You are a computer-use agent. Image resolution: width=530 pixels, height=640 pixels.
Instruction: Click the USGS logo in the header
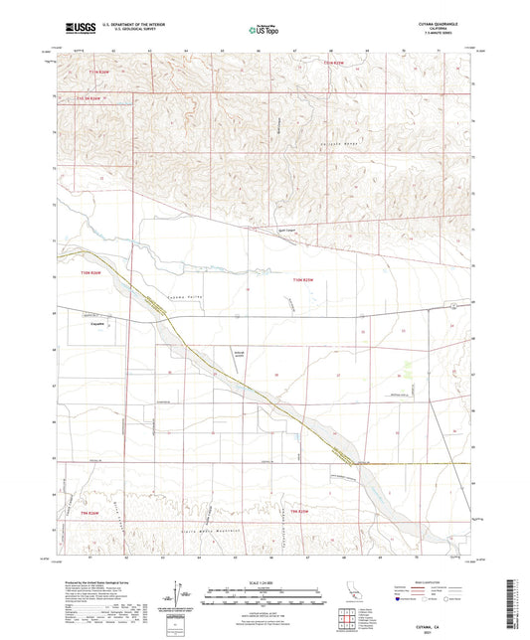(x=75, y=30)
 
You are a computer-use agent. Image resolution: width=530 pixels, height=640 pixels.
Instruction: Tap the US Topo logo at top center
(x=263, y=31)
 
